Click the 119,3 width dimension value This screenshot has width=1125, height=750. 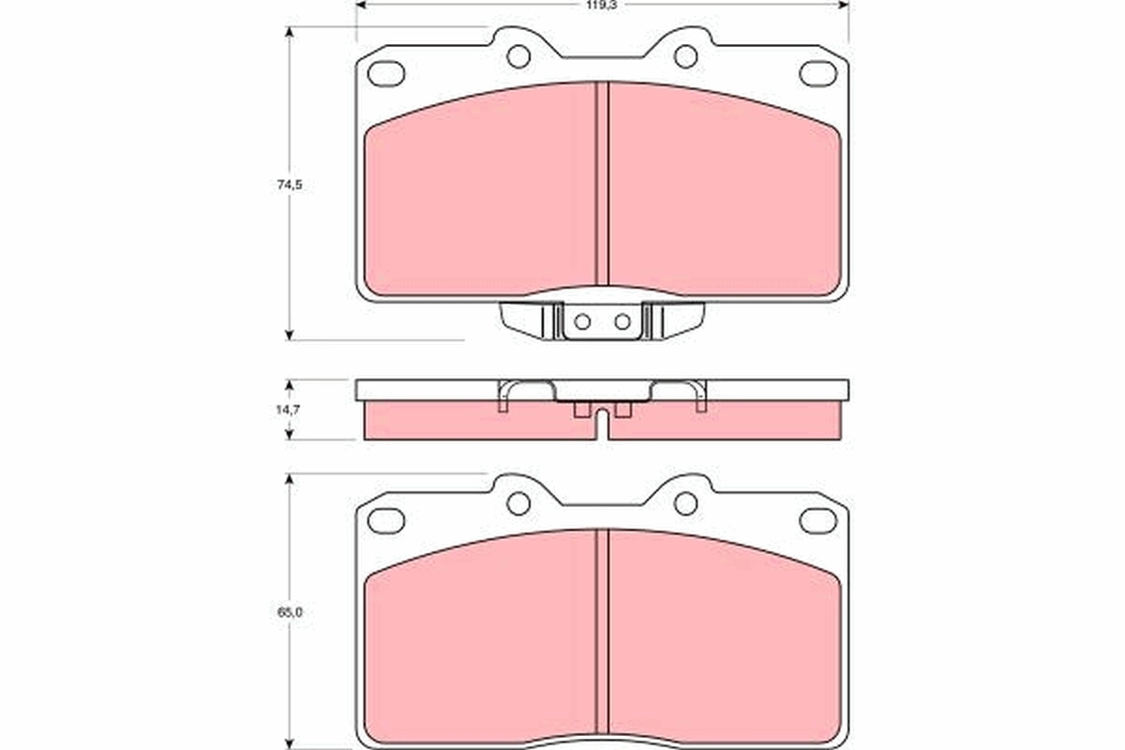click(x=601, y=4)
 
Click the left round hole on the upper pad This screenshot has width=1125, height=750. click(x=518, y=56)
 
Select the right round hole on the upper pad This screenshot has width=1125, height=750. click(x=685, y=56)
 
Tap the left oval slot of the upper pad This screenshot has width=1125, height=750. click(x=386, y=72)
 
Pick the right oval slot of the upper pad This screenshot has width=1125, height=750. click(x=817, y=72)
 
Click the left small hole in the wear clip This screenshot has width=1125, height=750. click(x=581, y=322)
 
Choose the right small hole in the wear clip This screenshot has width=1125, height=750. click(x=622, y=322)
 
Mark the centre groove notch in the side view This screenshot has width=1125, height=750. click(x=602, y=427)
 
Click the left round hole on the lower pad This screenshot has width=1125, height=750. click(x=518, y=503)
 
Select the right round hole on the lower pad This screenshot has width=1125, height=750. click(x=685, y=503)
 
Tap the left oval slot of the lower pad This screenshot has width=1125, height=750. click(x=386, y=519)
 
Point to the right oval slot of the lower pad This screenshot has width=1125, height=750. click(x=817, y=519)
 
